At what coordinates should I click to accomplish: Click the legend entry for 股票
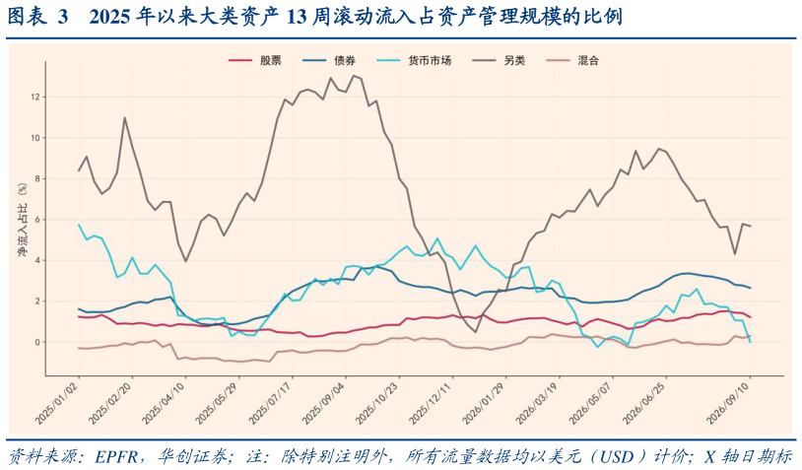point(255,60)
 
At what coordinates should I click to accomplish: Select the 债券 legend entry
point(329,60)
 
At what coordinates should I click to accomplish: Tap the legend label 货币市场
point(414,60)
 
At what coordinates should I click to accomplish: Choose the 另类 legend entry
point(499,60)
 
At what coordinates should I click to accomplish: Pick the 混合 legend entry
point(572,60)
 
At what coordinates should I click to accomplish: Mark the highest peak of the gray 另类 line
point(354,76)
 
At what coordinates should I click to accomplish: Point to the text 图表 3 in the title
point(37,17)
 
